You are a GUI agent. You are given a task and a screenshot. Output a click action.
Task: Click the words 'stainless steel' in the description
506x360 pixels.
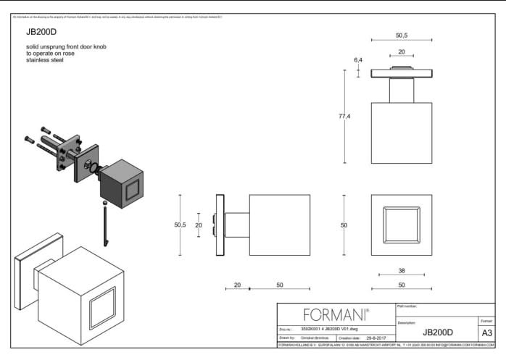click(45, 60)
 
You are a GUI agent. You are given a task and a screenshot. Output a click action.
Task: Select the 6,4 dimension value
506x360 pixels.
click(357, 59)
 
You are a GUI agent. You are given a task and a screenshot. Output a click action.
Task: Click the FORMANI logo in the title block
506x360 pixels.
click(336, 315)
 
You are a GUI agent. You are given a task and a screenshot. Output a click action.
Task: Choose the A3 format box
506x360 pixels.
click(486, 332)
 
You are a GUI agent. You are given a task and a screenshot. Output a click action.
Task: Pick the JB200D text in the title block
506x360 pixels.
click(437, 332)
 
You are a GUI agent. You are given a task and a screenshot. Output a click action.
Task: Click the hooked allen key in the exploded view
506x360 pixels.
click(106, 224)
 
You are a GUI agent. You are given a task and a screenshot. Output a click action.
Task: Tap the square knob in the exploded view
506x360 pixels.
click(121, 185)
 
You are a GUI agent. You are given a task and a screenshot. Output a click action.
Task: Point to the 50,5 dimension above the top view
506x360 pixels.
click(401, 35)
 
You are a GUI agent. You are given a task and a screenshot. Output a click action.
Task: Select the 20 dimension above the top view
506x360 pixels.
click(401, 52)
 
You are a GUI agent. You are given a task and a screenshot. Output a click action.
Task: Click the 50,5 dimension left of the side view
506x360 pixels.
click(180, 225)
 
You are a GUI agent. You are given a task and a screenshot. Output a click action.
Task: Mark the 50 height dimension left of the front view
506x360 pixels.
click(344, 225)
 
